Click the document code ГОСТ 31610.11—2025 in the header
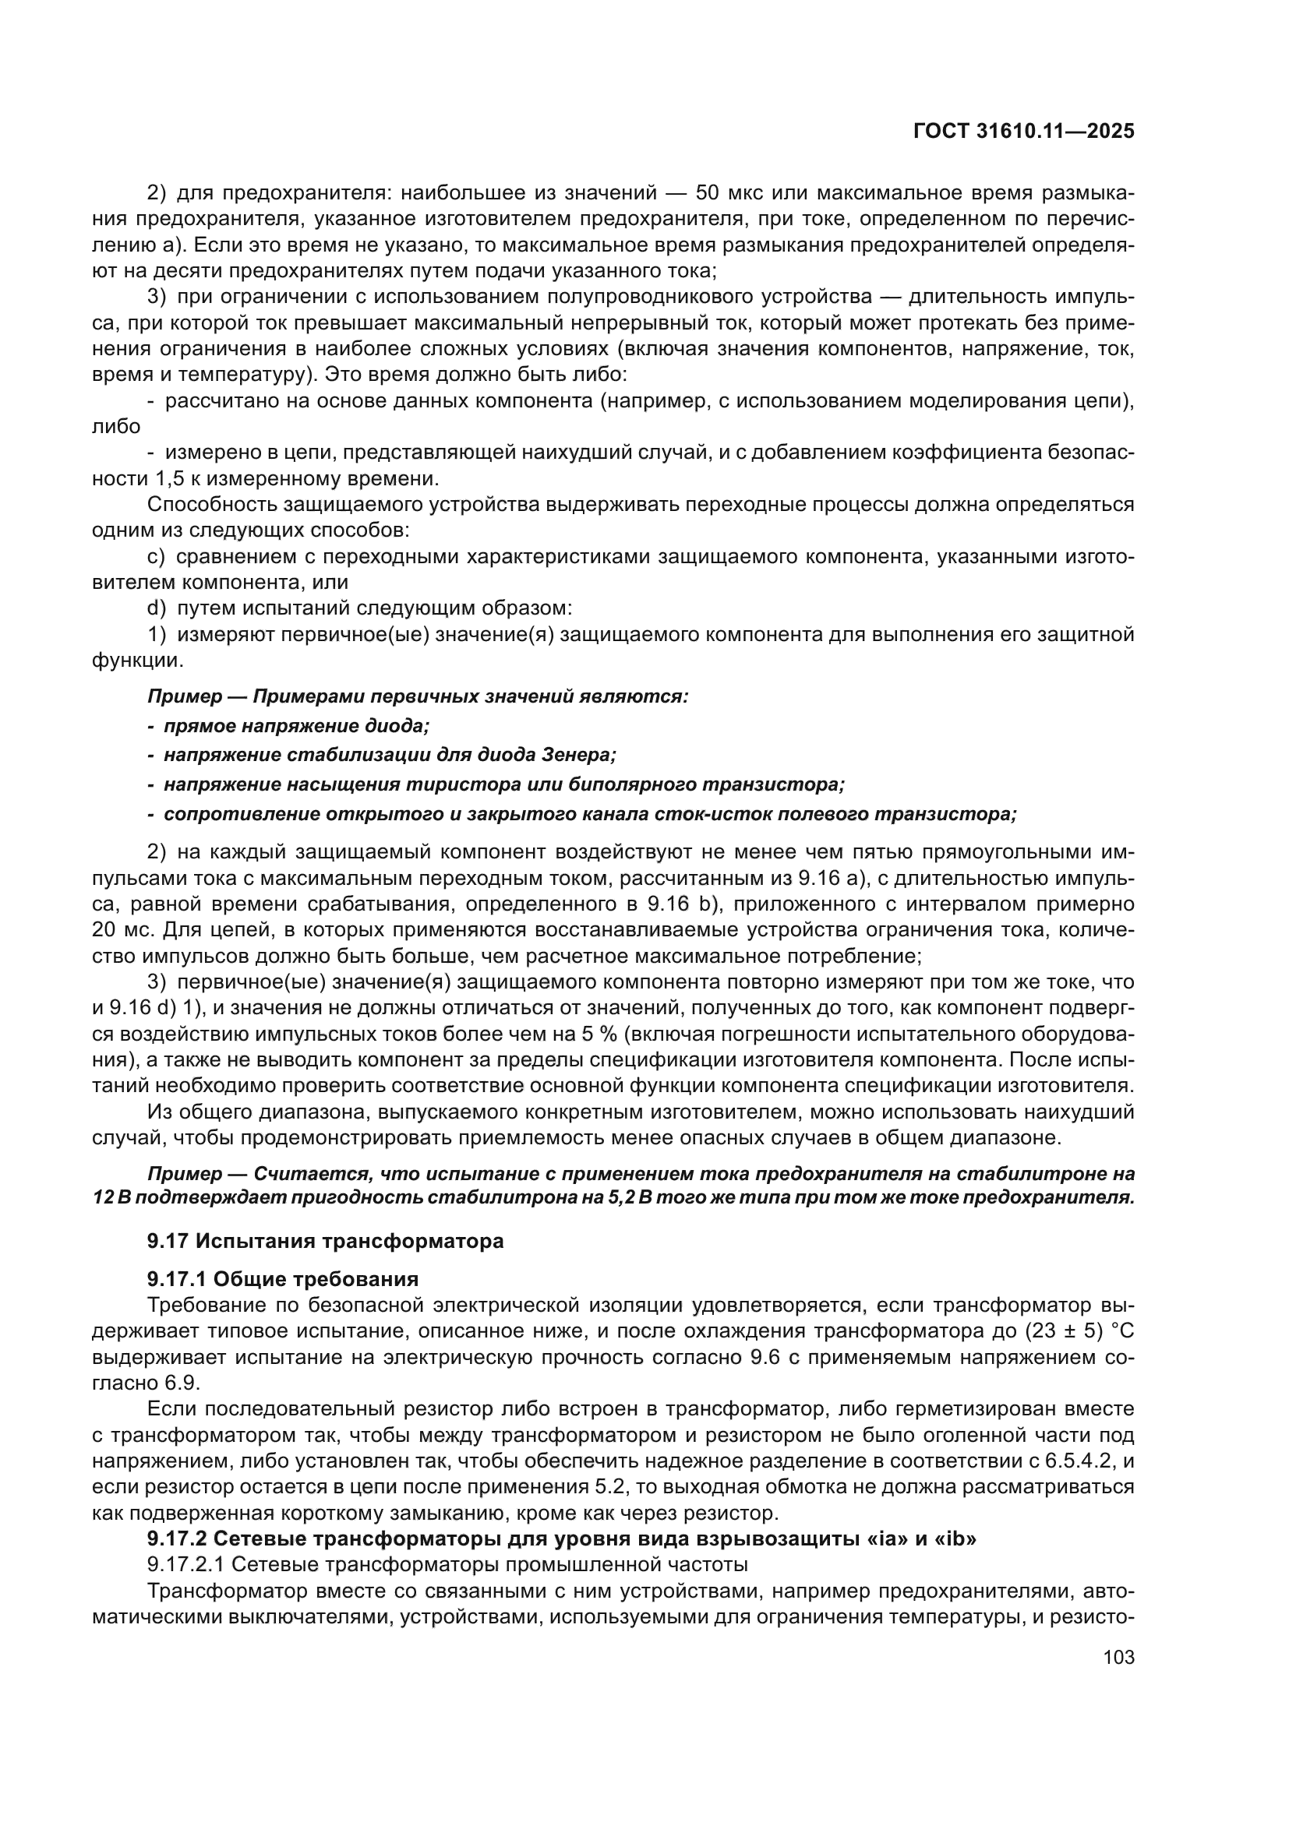click(x=1024, y=132)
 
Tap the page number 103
click(x=1118, y=1657)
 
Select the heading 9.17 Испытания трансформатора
click(x=326, y=1241)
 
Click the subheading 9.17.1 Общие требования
click(x=283, y=1279)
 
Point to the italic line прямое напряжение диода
click(x=296, y=725)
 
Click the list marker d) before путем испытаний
click(x=157, y=608)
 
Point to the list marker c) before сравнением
click(x=157, y=557)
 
